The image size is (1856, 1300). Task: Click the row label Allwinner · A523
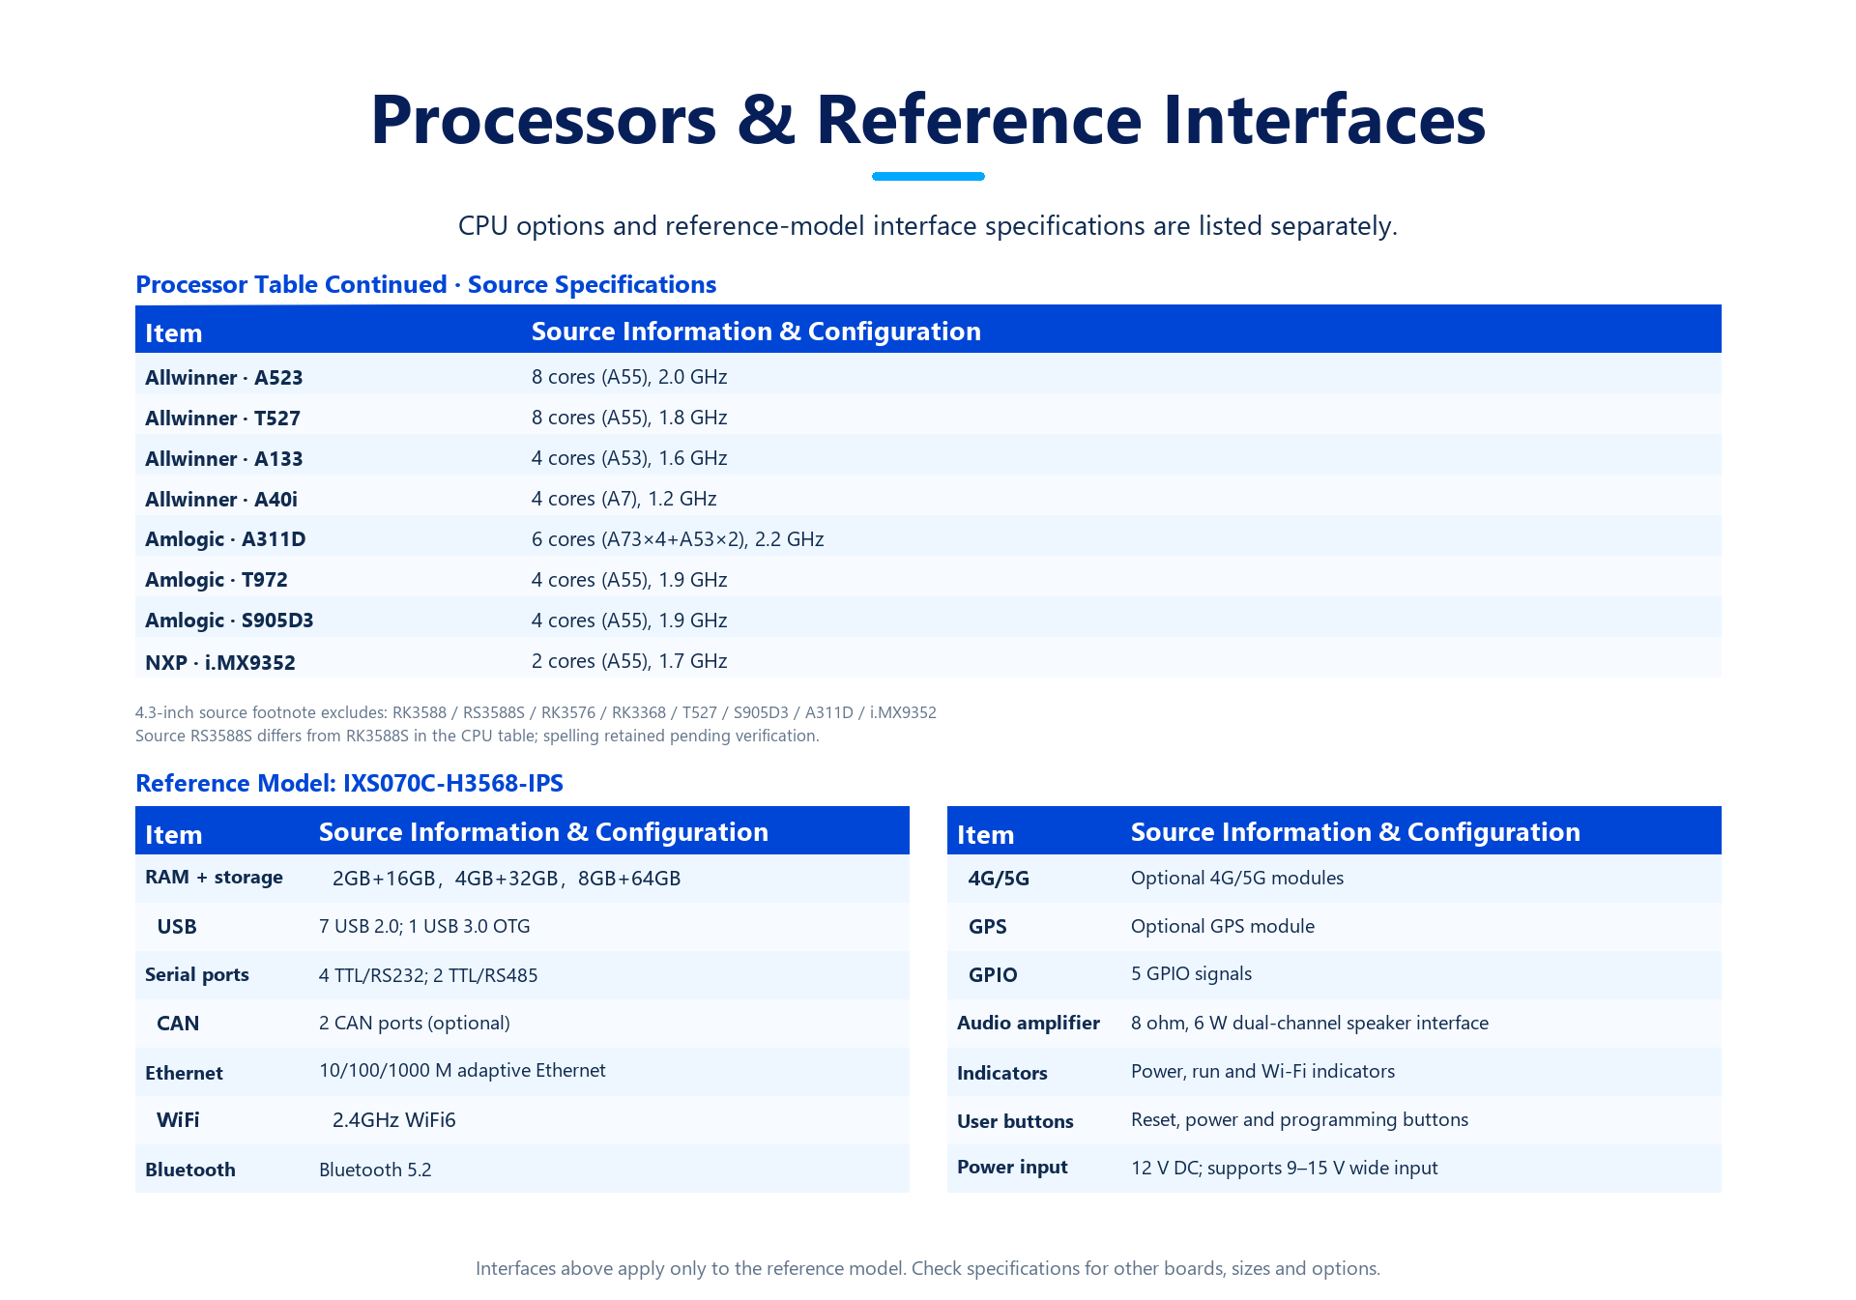point(224,378)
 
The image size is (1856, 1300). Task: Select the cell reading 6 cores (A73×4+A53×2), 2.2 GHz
point(678,539)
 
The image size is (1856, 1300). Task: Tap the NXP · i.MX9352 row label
point(220,663)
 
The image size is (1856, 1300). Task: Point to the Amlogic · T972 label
point(217,580)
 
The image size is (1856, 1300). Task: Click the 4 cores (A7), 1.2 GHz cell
point(624,499)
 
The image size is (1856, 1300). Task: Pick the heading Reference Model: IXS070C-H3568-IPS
point(349,783)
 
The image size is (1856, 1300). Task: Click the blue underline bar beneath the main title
point(928,176)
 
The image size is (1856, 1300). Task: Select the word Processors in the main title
point(544,120)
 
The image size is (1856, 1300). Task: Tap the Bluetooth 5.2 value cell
point(375,1170)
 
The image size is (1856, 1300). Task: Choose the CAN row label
point(178,1024)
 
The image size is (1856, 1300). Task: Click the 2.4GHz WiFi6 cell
point(394,1120)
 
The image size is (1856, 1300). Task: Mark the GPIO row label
point(993,975)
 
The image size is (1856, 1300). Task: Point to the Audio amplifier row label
point(1029,1024)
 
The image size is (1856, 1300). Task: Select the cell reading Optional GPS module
point(1223,927)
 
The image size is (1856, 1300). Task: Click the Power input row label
point(1012,1168)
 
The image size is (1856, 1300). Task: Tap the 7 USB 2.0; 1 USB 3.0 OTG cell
point(424,927)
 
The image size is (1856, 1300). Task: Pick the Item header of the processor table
point(174,333)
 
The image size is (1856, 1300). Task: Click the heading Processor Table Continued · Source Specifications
point(425,285)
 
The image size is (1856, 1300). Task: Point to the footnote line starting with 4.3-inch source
point(536,713)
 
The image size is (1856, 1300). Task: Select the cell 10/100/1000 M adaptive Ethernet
point(462,1071)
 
